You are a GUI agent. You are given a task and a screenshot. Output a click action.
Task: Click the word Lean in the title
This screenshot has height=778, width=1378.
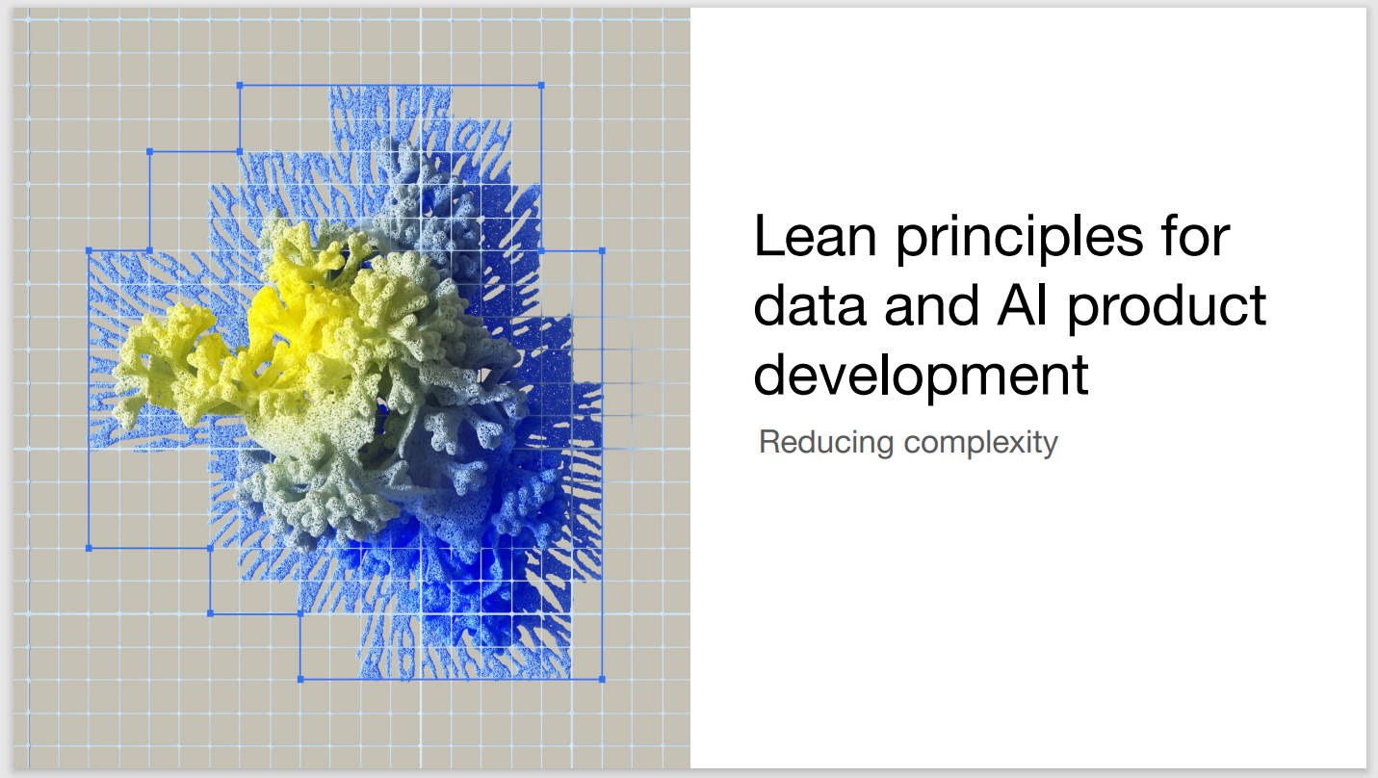point(815,236)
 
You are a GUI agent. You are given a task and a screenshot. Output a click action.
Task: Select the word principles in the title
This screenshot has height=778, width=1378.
point(1020,239)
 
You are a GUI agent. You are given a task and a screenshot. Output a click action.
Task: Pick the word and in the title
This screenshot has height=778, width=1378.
point(931,304)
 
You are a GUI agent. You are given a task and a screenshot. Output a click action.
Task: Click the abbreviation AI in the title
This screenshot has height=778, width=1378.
point(1022,305)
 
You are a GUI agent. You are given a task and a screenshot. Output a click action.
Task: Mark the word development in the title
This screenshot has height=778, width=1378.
point(921,377)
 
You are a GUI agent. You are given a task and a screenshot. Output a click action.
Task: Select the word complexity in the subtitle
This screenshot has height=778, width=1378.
point(980,444)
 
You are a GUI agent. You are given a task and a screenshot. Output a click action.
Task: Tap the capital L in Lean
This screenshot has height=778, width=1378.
point(768,236)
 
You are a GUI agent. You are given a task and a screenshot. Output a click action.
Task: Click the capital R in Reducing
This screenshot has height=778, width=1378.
point(770,442)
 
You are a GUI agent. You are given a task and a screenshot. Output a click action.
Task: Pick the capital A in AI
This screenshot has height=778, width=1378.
point(1016,305)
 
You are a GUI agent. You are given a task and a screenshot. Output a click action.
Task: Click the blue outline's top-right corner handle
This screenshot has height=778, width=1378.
point(541,86)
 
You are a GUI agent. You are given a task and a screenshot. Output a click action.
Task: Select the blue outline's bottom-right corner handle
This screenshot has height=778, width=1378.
point(602,680)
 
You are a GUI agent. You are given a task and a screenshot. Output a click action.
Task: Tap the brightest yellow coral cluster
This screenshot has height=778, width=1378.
point(280,320)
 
